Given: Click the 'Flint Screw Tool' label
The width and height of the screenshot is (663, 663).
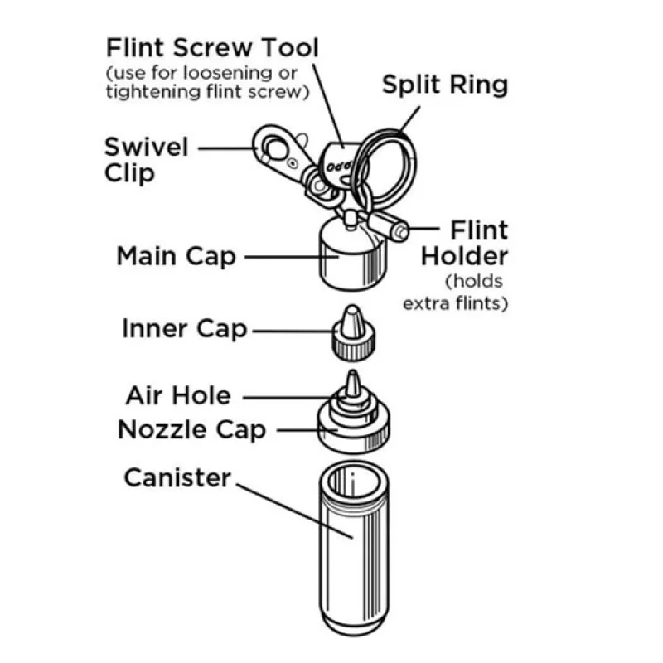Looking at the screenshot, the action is (x=212, y=47).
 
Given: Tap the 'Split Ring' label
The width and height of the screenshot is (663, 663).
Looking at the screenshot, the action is (x=445, y=85).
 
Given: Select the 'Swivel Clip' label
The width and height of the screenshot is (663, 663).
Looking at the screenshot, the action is (x=147, y=160).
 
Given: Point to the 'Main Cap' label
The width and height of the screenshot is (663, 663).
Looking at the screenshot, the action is (x=176, y=256).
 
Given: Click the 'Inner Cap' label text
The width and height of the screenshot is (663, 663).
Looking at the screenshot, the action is (x=184, y=329).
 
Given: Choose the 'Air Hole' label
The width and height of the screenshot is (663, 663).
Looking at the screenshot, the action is (x=178, y=396).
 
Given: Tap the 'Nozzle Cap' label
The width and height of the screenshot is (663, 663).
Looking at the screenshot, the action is (x=192, y=429).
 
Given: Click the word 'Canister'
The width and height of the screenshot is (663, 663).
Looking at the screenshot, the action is (x=177, y=478).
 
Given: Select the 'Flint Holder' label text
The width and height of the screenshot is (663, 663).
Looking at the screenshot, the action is (x=465, y=243).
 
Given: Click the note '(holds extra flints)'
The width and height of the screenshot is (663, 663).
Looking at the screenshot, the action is (x=456, y=293).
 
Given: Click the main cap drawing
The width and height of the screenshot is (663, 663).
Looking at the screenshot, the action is (x=353, y=255).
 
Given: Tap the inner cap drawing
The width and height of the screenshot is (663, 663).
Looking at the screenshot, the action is (x=353, y=334).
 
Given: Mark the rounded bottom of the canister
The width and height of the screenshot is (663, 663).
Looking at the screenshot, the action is (x=355, y=625).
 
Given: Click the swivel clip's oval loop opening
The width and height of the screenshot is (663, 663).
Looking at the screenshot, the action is (x=275, y=148).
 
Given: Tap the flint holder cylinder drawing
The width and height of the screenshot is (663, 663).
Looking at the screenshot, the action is (x=388, y=226).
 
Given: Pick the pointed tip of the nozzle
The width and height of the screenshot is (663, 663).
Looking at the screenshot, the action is (x=353, y=372).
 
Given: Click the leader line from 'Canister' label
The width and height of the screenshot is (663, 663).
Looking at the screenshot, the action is (x=294, y=511).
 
